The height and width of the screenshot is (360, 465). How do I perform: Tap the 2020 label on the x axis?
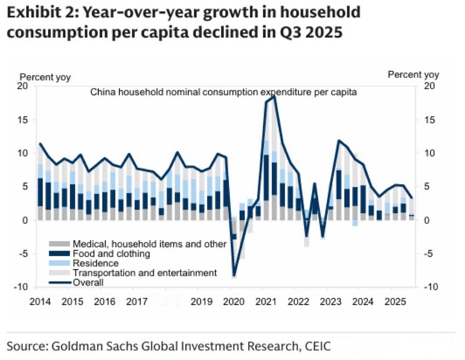point(234,301)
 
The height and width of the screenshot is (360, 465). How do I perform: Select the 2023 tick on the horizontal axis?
point(331,301)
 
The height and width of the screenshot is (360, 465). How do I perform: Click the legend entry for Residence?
point(95,263)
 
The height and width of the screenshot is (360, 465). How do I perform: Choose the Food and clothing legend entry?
point(111,254)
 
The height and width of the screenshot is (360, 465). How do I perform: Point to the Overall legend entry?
point(88,282)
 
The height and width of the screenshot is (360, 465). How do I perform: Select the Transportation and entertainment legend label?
point(144,273)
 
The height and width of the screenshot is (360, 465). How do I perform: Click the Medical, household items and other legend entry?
point(149,244)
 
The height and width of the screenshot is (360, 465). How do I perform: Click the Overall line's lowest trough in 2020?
point(234,276)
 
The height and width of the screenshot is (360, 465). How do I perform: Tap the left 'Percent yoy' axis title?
point(45,77)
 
